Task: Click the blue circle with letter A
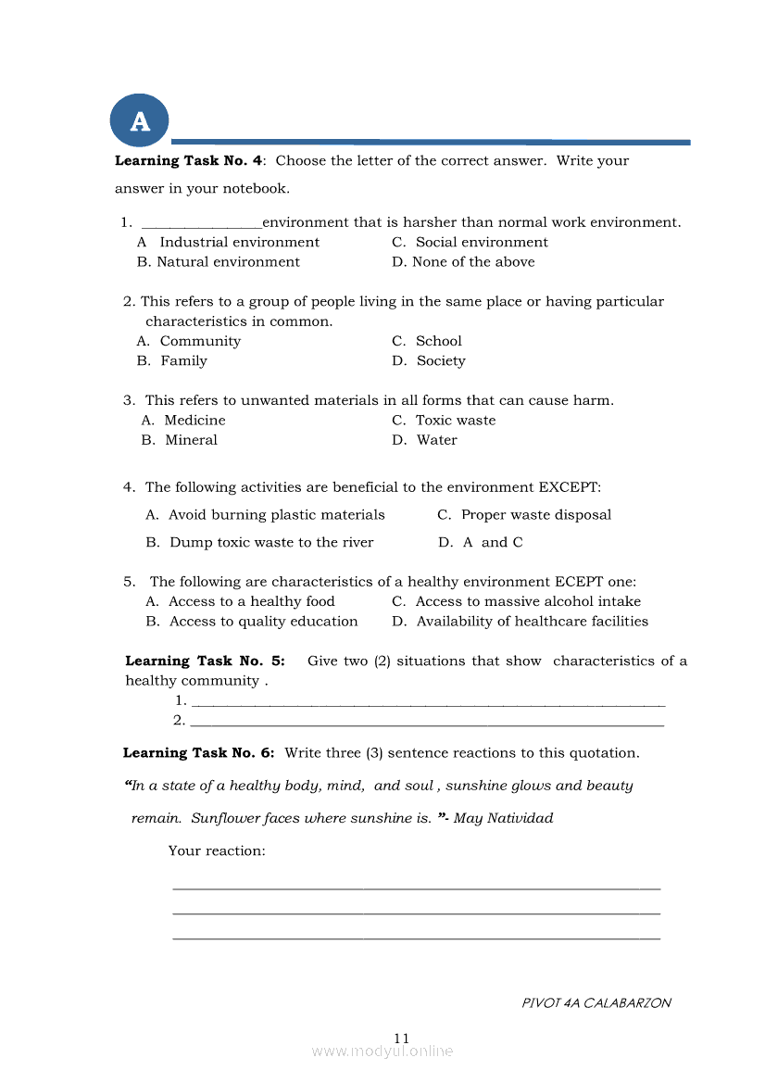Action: [x=140, y=120]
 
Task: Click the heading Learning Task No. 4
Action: [x=189, y=160]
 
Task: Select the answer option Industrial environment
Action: [x=239, y=242]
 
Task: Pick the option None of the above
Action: [x=473, y=262]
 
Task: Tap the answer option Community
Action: [x=200, y=341]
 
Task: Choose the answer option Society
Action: [x=441, y=361]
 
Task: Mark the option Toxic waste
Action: [x=456, y=421]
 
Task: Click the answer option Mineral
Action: [x=191, y=440]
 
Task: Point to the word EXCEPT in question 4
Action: [x=570, y=487]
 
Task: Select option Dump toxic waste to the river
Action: [x=271, y=543]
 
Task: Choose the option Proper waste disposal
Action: [x=536, y=515]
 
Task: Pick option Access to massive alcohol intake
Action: [x=528, y=602]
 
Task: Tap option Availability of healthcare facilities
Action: [x=532, y=622]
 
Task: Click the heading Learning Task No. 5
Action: [x=205, y=661]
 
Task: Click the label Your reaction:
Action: [x=217, y=850]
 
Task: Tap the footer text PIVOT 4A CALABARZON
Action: [x=596, y=1002]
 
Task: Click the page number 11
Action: [x=401, y=1038]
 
